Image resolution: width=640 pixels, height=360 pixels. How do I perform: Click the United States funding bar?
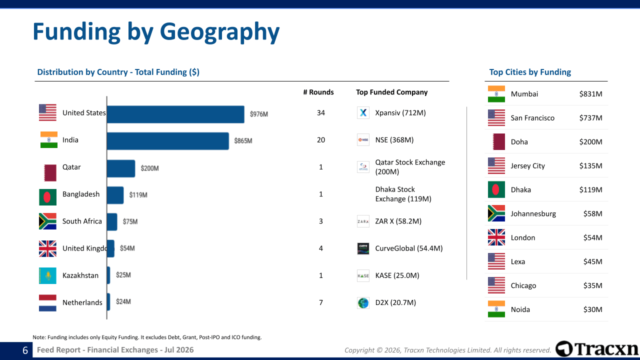[175, 114]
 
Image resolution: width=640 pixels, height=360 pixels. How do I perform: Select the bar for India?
[167, 141]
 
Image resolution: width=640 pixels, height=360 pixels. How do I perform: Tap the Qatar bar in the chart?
[121, 168]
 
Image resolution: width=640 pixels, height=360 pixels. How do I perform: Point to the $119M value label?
[138, 195]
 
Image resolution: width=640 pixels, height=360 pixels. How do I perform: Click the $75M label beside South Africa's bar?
[130, 221]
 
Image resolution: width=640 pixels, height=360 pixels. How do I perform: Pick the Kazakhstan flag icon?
[47, 275]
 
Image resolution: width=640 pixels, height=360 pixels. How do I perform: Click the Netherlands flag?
[47, 303]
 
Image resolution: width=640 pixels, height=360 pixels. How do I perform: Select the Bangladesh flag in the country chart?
[47, 197]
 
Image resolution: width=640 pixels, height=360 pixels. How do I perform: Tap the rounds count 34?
[321, 113]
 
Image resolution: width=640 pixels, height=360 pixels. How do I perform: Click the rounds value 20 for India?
[321, 140]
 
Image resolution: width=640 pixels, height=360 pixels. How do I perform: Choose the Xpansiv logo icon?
[363, 112]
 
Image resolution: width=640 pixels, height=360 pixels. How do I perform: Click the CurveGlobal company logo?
[363, 248]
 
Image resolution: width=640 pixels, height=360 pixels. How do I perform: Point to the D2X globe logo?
[363, 303]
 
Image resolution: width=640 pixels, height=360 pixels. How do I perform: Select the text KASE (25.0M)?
[397, 275]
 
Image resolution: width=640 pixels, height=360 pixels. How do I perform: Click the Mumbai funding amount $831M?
[590, 94]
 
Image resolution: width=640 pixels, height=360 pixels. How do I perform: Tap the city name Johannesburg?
[533, 213]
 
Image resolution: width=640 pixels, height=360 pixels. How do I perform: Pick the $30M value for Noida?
[592, 309]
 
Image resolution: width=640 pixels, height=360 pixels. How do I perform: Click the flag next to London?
[496, 237]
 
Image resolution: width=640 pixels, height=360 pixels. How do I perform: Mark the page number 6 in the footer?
[25, 350]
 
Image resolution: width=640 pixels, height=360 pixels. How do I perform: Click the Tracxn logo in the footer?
[596, 349]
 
